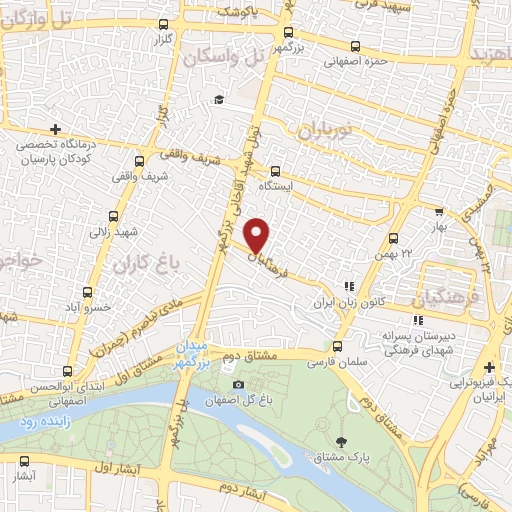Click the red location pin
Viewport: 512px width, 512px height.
pos(258,235)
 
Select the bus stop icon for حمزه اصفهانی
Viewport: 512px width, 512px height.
pos(356,46)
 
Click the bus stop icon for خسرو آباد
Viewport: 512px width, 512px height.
pos(88,293)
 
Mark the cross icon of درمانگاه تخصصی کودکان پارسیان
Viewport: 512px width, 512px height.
pos(55,129)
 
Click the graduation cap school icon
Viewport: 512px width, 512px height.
pos(218,100)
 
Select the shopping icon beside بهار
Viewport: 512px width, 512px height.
pos(438,212)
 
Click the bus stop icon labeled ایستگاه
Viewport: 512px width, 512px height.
pos(276,171)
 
